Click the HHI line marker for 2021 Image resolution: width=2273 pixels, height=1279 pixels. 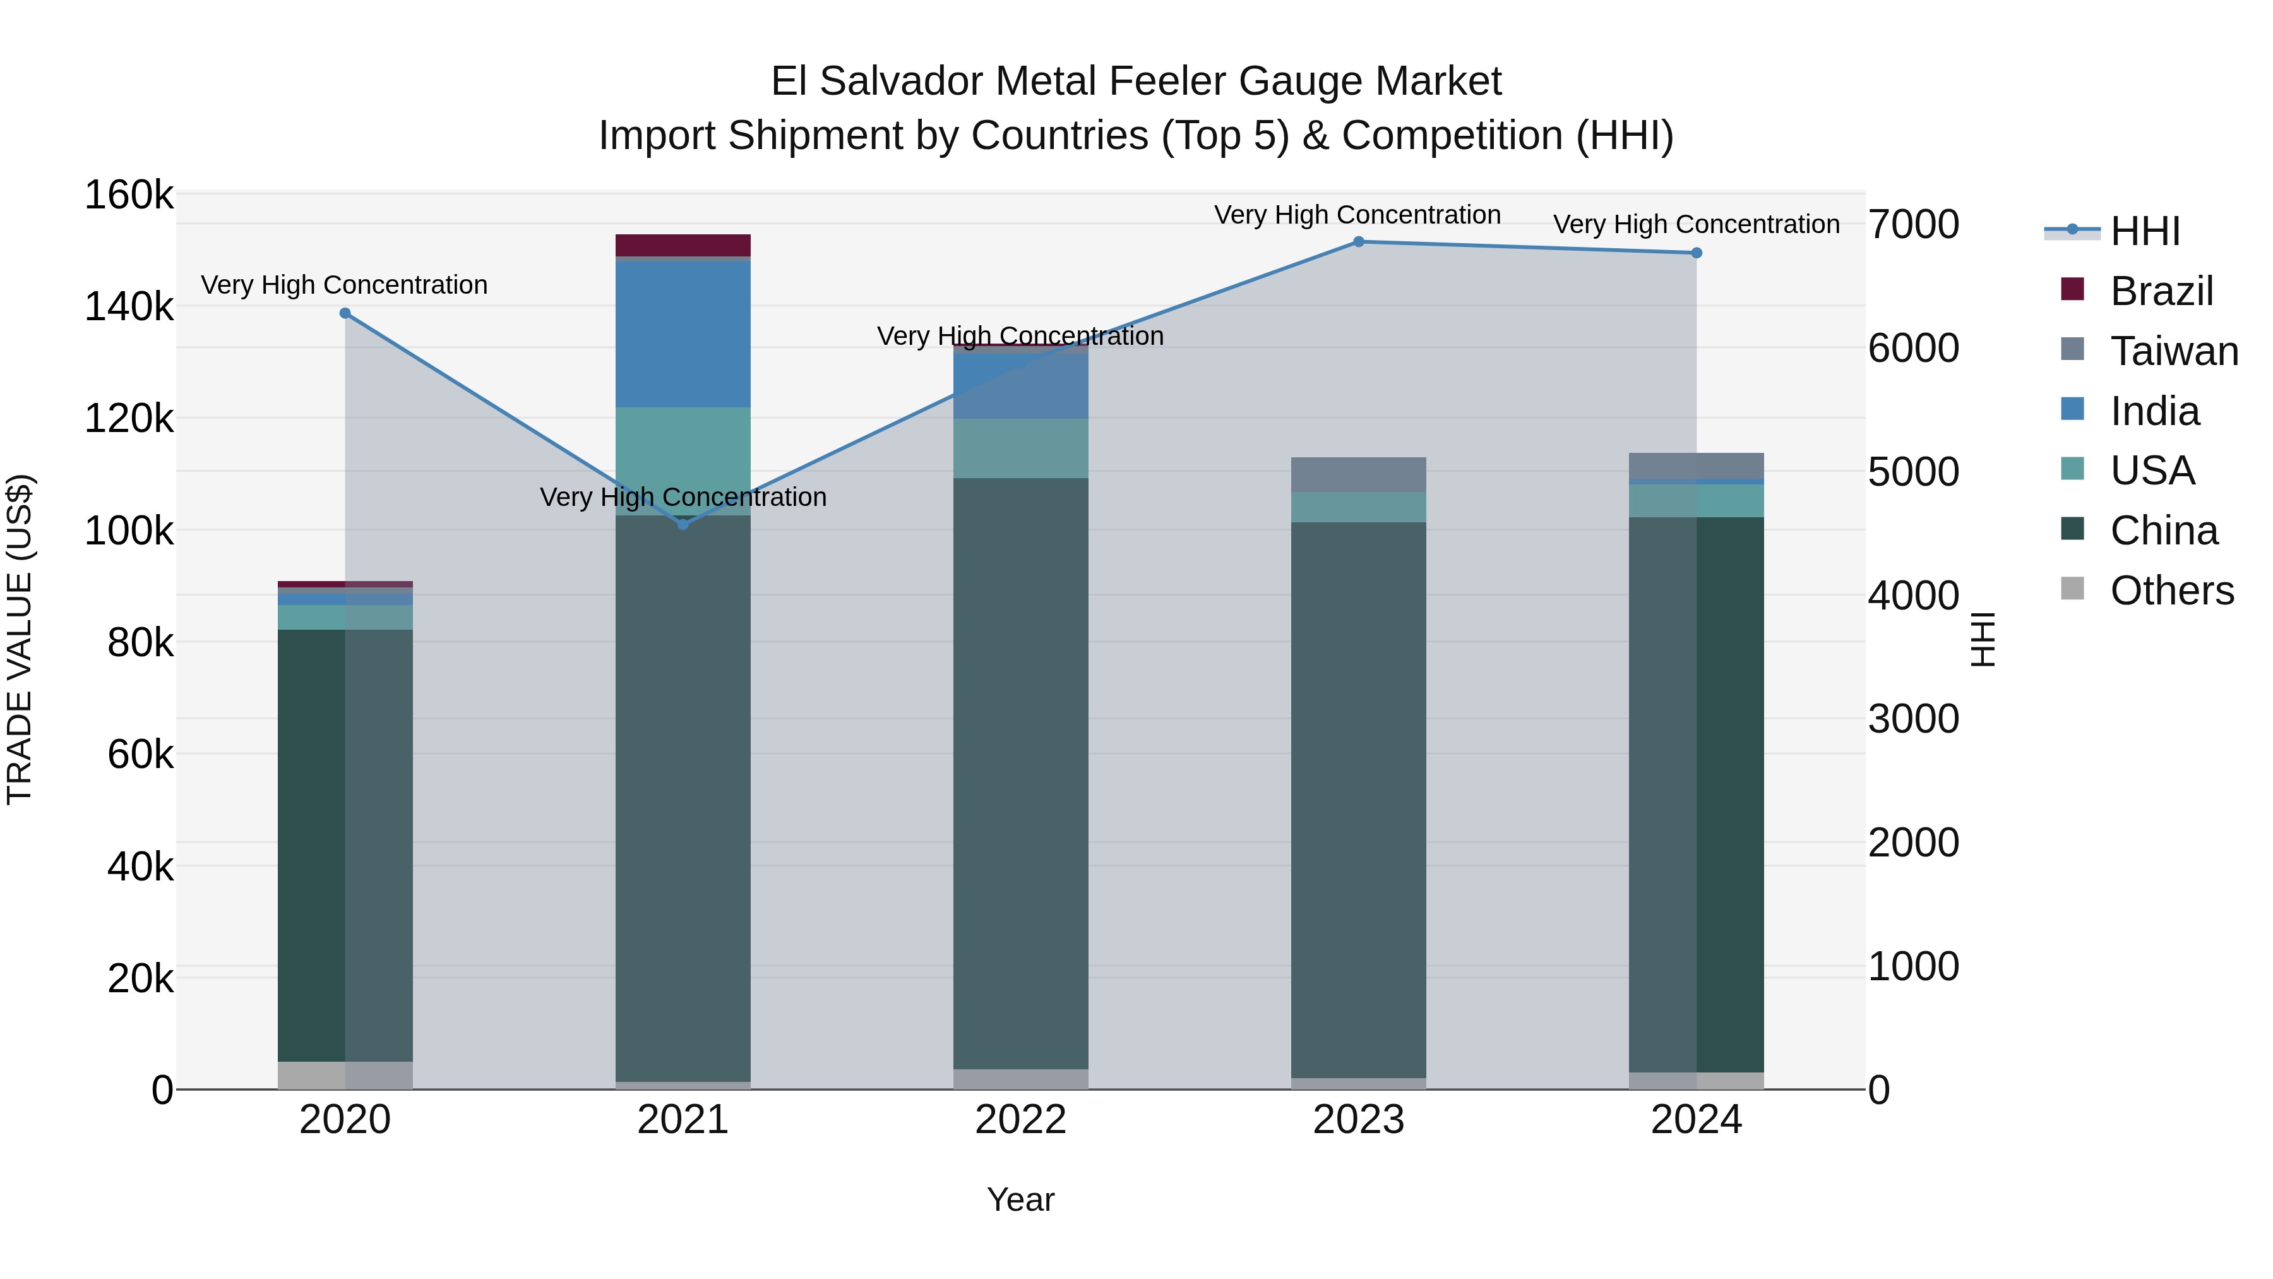point(683,524)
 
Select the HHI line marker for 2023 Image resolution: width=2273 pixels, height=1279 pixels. point(1359,242)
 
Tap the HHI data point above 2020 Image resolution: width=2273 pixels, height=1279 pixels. point(345,313)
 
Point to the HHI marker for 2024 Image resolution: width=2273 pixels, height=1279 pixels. point(1696,253)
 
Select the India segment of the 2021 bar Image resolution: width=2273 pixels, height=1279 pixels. point(683,333)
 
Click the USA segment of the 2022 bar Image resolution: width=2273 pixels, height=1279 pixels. point(1021,448)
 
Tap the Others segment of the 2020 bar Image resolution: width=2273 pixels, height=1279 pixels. point(345,1074)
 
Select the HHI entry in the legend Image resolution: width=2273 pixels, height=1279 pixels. point(2144,231)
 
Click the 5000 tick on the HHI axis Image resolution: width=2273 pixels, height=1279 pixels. point(1913,471)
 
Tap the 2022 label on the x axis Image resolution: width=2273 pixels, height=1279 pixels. point(1021,1120)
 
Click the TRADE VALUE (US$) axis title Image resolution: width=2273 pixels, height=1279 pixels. point(20,639)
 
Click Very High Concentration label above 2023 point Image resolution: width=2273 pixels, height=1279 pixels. point(1357,215)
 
